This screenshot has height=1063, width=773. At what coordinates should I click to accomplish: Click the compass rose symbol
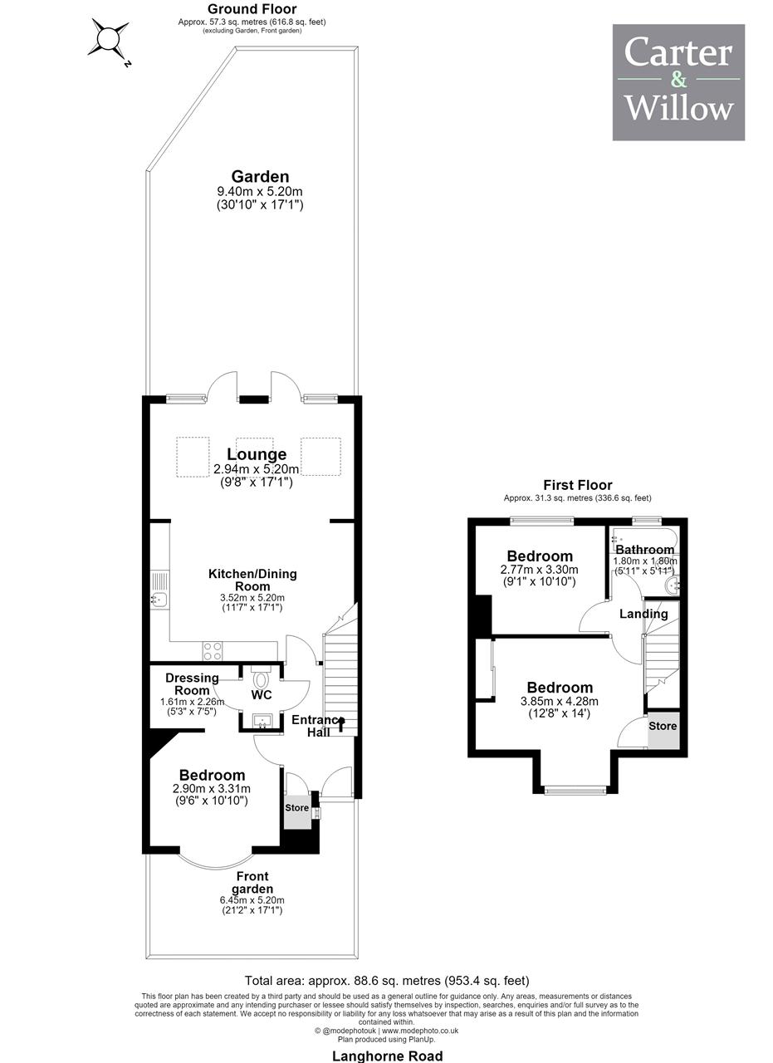click(x=109, y=38)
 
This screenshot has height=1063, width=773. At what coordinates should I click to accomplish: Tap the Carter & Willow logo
click(x=678, y=82)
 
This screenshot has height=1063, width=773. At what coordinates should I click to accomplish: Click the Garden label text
click(x=260, y=177)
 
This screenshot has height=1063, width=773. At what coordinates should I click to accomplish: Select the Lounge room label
click(x=257, y=453)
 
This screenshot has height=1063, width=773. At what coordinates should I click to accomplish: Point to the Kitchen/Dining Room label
click(x=252, y=580)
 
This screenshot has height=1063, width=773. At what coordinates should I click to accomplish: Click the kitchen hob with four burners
click(x=212, y=650)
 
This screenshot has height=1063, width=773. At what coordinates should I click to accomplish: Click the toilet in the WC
click(x=261, y=679)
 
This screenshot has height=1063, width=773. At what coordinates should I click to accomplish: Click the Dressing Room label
click(x=192, y=683)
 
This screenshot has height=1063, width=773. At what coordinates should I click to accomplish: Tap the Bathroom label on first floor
click(x=645, y=549)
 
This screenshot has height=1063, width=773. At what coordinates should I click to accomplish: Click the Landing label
click(x=643, y=614)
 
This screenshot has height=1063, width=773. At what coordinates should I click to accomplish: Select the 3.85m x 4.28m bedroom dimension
click(x=560, y=701)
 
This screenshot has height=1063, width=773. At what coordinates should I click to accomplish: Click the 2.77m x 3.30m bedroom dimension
click(x=539, y=569)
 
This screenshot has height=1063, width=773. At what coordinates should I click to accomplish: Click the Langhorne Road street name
click(x=387, y=1056)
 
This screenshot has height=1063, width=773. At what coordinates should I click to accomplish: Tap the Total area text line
click(x=387, y=980)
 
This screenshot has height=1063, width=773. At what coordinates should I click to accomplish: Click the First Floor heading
click(x=578, y=485)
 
